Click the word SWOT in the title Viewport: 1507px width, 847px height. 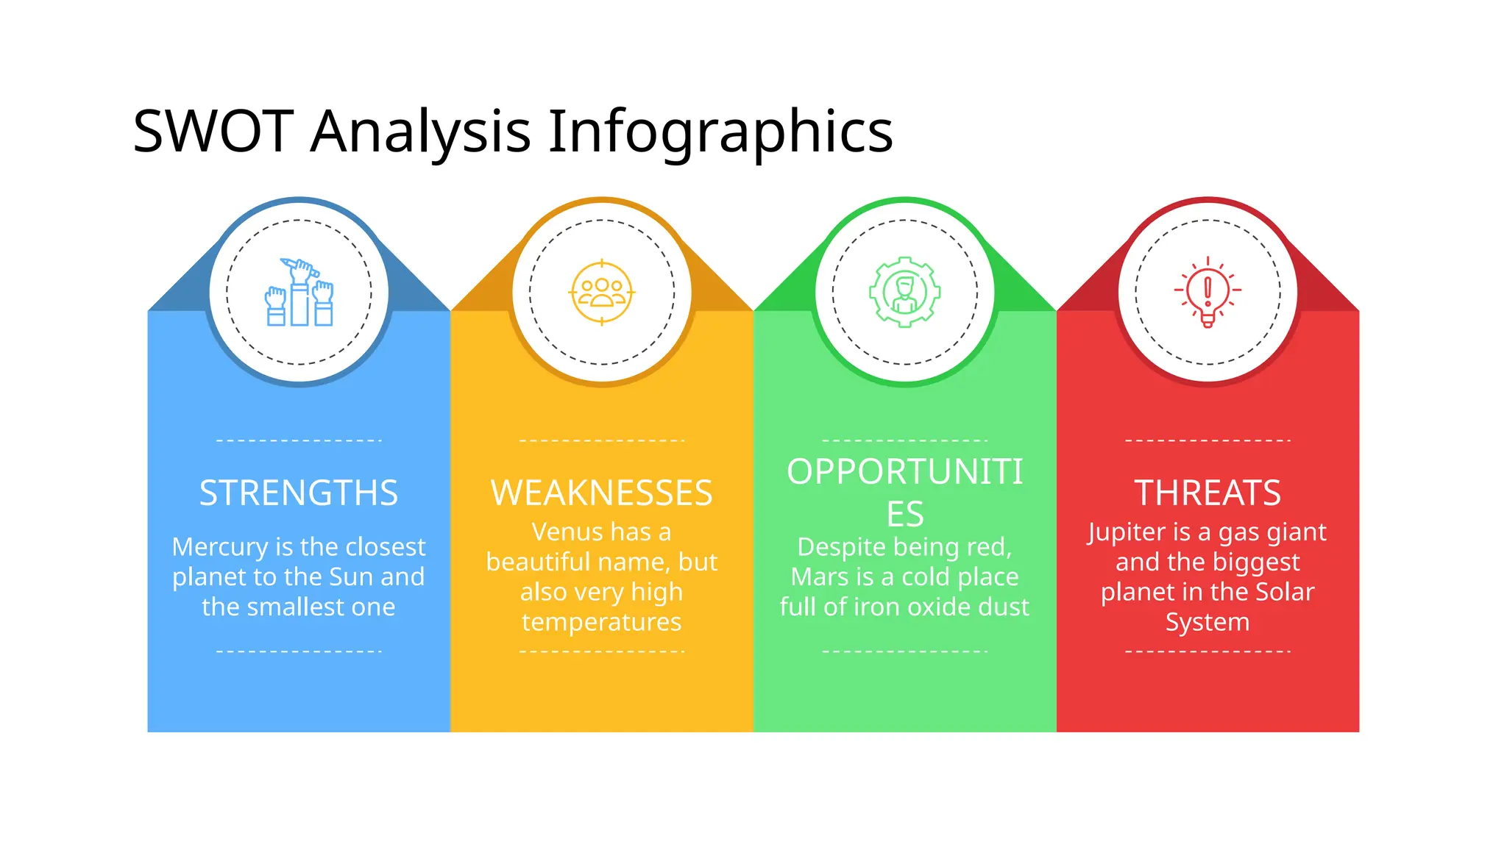pos(213,132)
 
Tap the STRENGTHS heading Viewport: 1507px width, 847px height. pos(299,493)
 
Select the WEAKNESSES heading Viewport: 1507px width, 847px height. pos(602,493)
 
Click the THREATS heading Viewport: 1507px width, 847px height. pos(1208,493)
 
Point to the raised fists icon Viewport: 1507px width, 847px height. pos(299,292)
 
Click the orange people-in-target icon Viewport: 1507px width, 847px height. pos(602,293)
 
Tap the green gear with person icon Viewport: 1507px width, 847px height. pos(905,292)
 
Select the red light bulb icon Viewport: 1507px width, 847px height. pos(1208,292)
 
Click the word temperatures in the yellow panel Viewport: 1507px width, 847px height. pos(602,622)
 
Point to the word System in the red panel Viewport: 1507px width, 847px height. pos(1208,622)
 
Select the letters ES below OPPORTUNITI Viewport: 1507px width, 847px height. pos(905,514)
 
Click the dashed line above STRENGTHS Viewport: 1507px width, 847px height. pos(299,440)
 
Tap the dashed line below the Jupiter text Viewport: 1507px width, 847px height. pos(1208,651)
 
